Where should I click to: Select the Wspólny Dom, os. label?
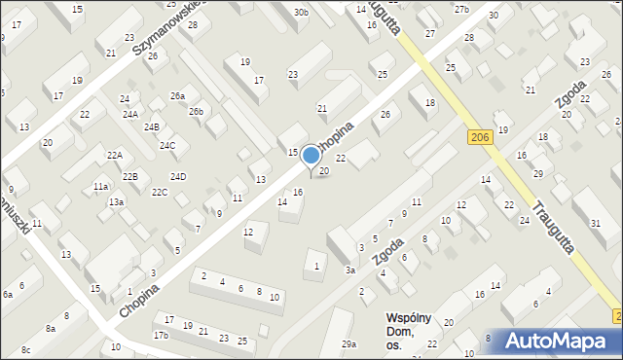tap(407, 332)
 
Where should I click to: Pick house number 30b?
tap(301, 13)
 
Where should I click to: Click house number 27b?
tap(461, 10)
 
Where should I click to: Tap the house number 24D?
tap(178, 176)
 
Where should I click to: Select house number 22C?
tap(160, 193)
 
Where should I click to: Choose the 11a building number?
tap(100, 186)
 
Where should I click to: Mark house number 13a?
tap(116, 201)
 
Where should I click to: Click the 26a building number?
tap(177, 95)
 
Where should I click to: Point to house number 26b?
tap(197, 112)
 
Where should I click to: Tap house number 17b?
tap(161, 336)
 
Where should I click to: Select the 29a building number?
tap(348, 344)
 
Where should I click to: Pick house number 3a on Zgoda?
tap(349, 270)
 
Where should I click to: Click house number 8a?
tap(51, 329)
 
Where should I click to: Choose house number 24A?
tap(129, 114)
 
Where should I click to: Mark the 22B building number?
tap(129, 176)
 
